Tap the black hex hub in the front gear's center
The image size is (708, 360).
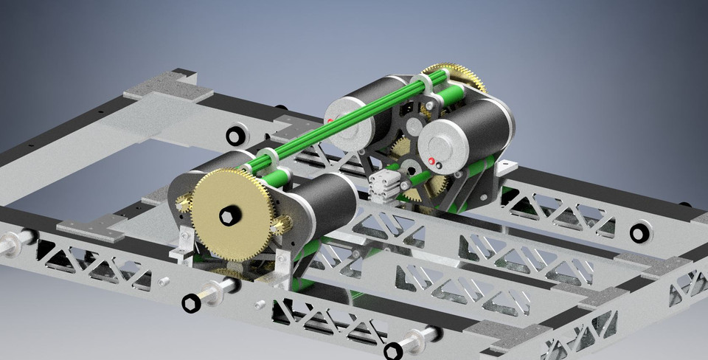[x=229, y=215]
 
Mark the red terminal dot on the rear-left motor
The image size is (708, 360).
[x=330, y=120]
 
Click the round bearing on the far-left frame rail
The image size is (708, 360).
[x=235, y=136]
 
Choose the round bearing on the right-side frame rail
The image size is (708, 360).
[x=640, y=233]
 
